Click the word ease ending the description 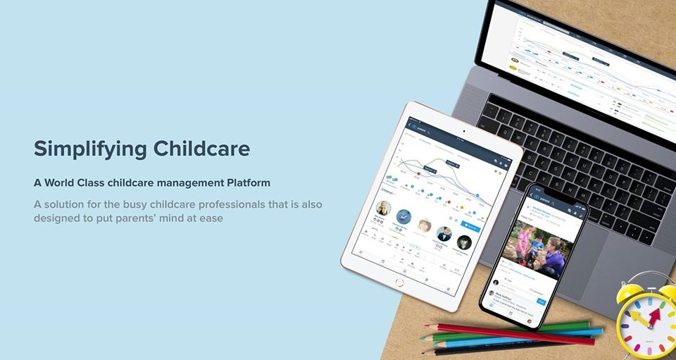point(210,218)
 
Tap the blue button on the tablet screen point(469,228)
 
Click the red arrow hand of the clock point(651,315)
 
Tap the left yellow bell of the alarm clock point(630,291)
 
